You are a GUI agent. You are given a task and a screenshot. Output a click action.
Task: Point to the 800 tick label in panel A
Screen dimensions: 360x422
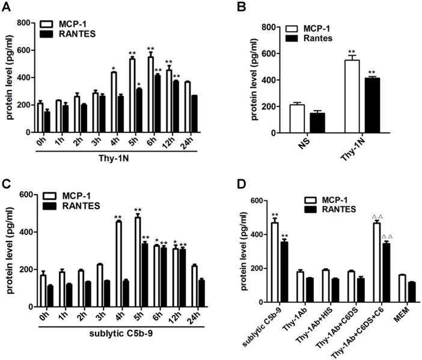tap(23, 23)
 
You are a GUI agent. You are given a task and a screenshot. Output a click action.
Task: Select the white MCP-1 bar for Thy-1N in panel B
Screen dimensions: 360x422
tap(347, 97)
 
